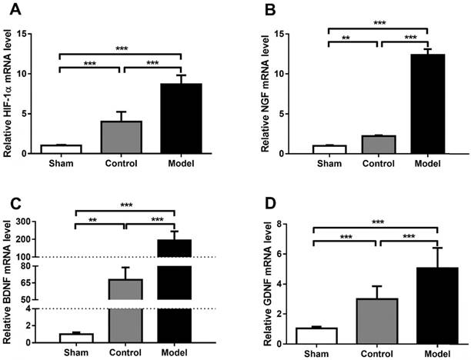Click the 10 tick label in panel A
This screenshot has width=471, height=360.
pyautogui.click(x=28, y=74)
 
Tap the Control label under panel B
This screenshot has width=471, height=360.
pyautogui.click(x=376, y=165)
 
